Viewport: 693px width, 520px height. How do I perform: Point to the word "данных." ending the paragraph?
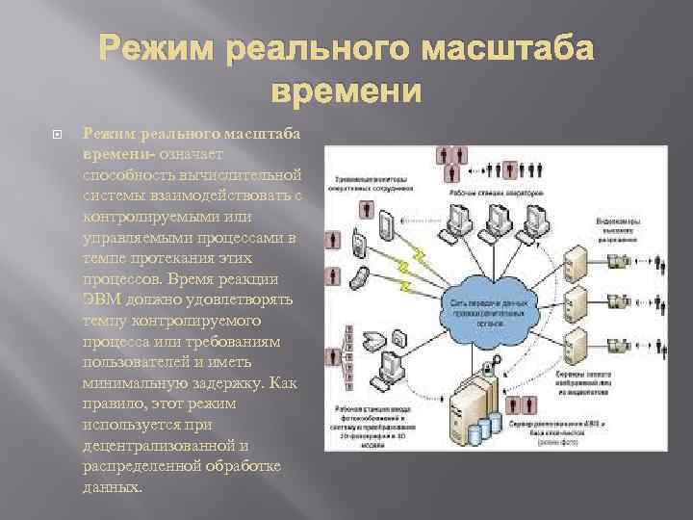(x=113, y=487)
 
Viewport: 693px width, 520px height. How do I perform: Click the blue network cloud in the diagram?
(x=501, y=308)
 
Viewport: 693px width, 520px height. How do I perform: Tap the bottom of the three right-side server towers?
(x=575, y=350)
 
